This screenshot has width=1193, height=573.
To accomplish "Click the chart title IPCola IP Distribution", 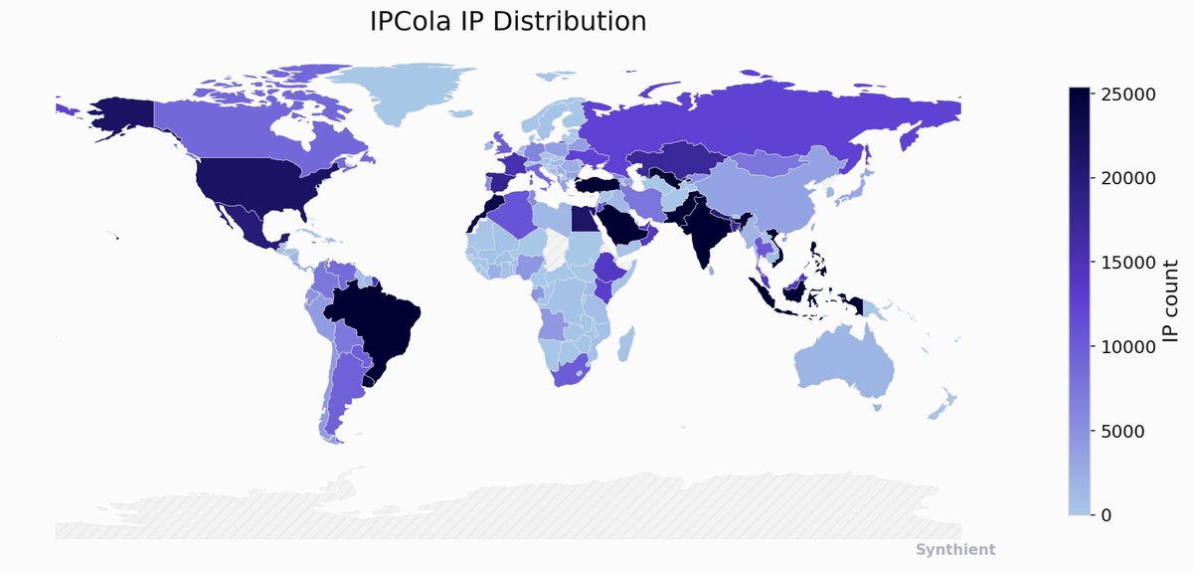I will point(508,21).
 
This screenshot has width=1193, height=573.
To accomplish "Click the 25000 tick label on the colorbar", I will point(1128,94).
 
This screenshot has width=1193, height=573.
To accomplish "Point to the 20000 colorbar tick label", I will point(1128,178).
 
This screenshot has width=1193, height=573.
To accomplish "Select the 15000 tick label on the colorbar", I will point(1128,263).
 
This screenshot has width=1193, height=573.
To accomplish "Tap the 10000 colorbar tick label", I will point(1128,346).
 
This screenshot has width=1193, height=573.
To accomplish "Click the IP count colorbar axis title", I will point(1170,300).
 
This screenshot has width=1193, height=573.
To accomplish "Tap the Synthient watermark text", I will point(954,550).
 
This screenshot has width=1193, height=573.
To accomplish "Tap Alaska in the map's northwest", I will point(119,117).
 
